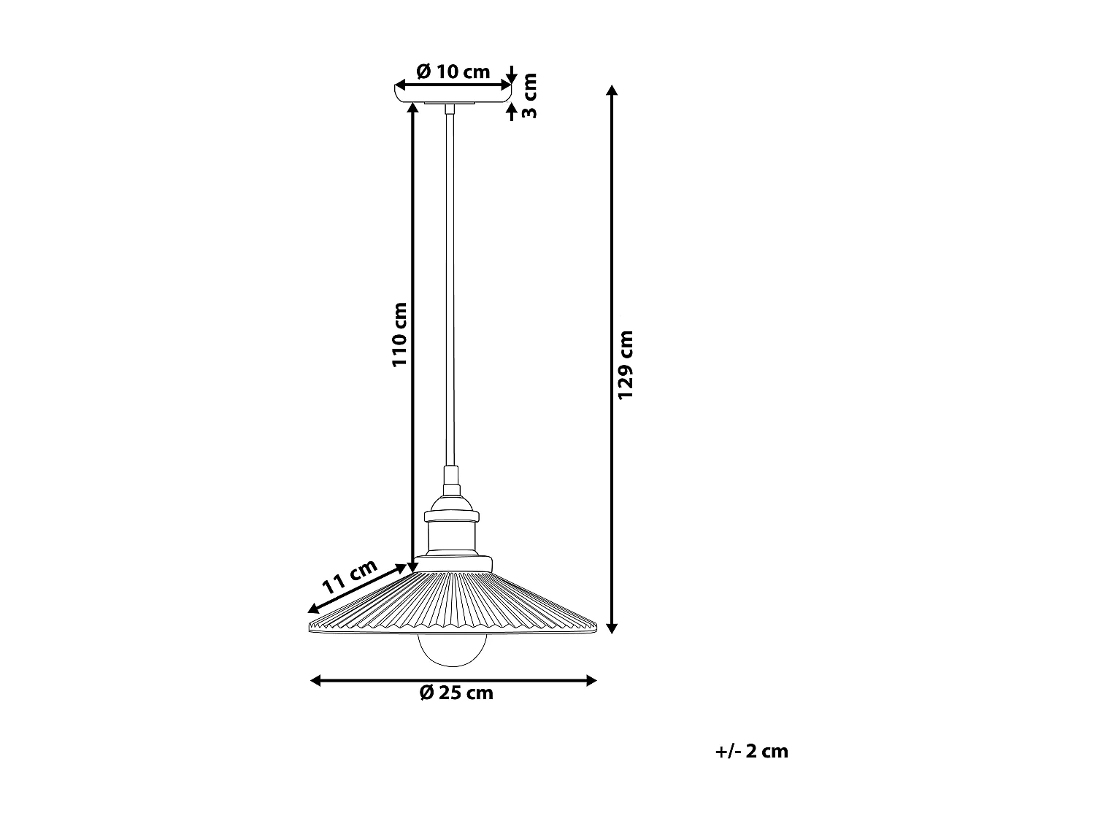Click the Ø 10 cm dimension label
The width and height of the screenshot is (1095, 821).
[x=453, y=72]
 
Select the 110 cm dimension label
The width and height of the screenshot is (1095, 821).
[x=399, y=334]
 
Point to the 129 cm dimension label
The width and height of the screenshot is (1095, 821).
[x=626, y=364]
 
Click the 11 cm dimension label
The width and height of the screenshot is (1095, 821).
[x=350, y=576]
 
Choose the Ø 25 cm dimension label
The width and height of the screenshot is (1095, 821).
[x=456, y=693]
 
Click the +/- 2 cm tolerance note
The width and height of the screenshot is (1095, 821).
[x=752, y=751]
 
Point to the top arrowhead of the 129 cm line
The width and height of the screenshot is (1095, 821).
[x=612, y=90]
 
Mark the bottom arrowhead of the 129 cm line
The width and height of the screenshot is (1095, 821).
[x=612, y=627]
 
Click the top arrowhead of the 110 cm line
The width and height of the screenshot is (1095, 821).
[x=412, y=108]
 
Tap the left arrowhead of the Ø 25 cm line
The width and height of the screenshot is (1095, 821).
[x=316, y=681]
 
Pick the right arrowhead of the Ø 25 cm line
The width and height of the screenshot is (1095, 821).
[x=591, y=681]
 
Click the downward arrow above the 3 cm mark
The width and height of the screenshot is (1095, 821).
[x=512, y=76]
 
